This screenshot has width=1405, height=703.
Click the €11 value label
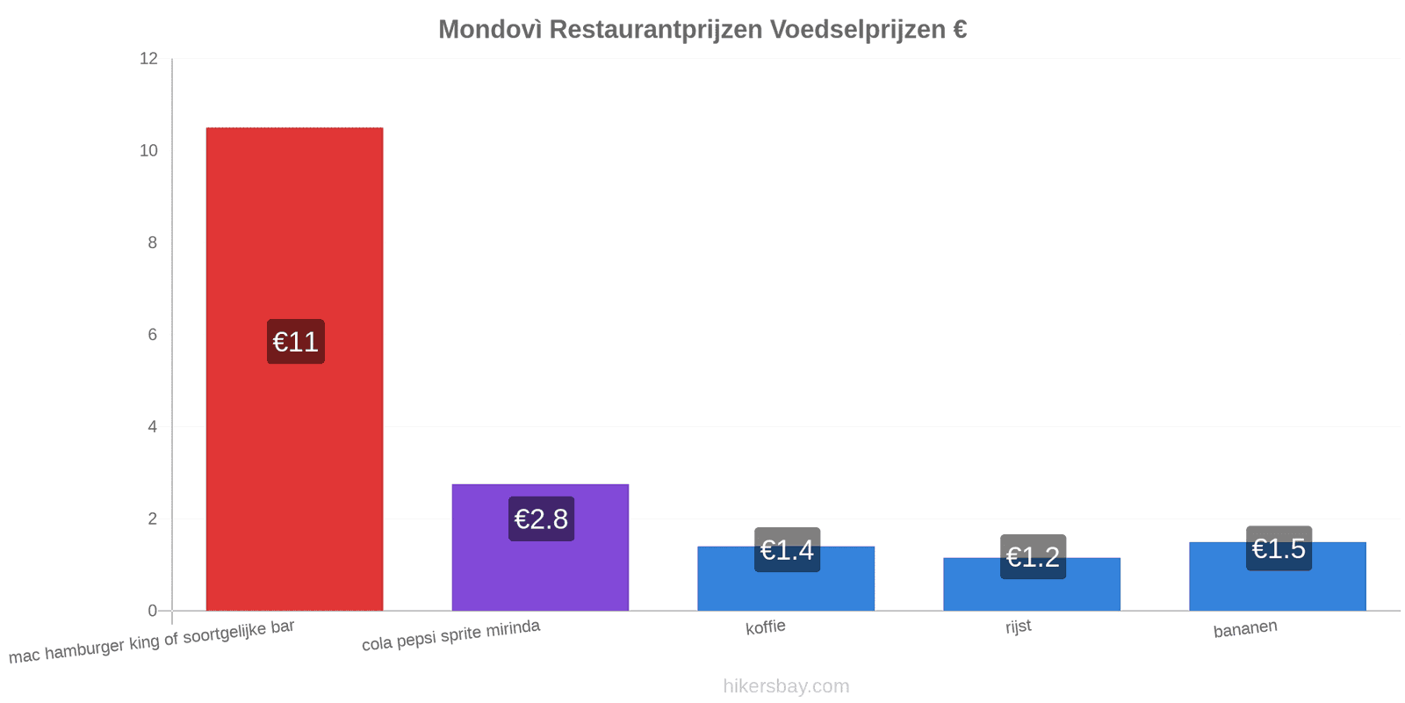tap(295, 342)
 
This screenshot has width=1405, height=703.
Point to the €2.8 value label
tap(541, 519)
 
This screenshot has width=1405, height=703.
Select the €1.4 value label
tap(787, 550)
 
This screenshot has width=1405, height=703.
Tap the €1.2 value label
tap(1033, 557)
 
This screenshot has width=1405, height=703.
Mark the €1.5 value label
tap(1279, 548)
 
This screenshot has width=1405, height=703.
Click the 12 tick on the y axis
tap(148, 58)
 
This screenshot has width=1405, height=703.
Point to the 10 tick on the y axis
tap(148, 150)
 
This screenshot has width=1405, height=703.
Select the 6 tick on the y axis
tap(153, 335)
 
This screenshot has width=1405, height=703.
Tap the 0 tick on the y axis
tap(153, 611)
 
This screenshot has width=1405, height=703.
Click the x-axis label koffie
tap(765, 627)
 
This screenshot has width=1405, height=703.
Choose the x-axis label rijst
tap(1018, 627)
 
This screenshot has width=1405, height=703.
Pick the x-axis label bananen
tap(1245, 629)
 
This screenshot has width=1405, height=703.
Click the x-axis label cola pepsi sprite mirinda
tap(451, 635)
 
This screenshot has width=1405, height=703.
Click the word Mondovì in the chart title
tap(490, 30)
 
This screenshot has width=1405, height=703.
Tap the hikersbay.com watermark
tap(786, 686)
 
